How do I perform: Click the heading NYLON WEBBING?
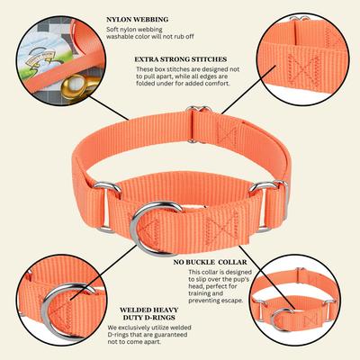138,18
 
